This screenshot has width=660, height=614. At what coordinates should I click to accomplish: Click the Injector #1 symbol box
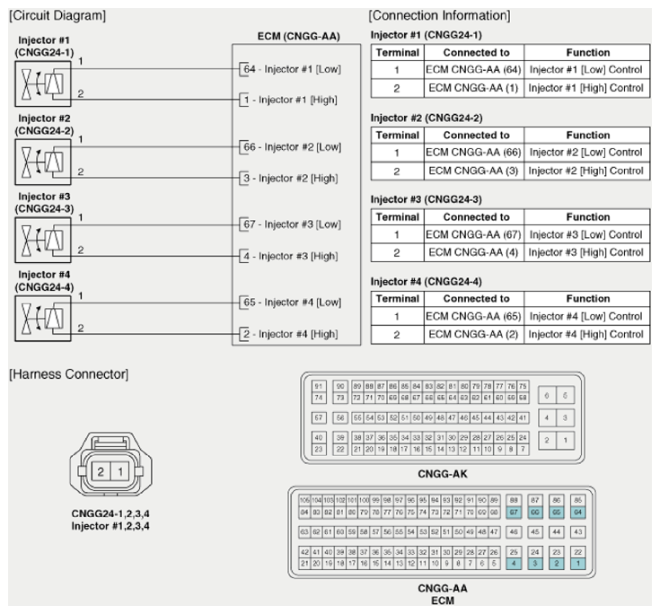pyautogui.click(x=42, y=85)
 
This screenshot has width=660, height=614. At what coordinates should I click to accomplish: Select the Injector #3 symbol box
pyautogui.click(x=42, y=241)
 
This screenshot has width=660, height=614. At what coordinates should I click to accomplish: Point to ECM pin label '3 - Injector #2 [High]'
pyautogui.click(x=289, y=178)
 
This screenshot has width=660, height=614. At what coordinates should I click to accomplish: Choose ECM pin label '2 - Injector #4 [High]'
pyautogui.click(x=289, y=334)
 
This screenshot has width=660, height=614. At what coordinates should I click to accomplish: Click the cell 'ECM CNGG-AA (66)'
pyautogui.click(x=473, y=153)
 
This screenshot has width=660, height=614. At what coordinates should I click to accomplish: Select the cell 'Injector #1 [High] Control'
pyautogui.click(x=586, y=88)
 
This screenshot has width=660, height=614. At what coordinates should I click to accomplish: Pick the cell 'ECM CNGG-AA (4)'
pyautogui.click(x=473, y=252)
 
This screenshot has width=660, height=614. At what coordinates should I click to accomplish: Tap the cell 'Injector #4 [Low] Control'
pyautogui.click(x=586, y=316)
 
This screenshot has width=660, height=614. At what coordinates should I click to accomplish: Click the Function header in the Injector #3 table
pyautogui.click(x=586, y=216)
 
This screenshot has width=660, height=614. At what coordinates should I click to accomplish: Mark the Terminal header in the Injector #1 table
pyautogui.click(x=397, y=53)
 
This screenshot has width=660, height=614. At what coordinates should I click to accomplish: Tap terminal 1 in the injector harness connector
pyautogui.click(x=120, y=471)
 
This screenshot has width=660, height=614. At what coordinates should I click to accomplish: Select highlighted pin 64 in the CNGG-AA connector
pyautogui.click(x=577, y=512)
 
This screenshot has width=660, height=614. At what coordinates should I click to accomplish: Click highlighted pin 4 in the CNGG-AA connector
pyautogui.click(x=514, y=563)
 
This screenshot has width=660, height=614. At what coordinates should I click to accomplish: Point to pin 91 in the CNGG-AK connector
pyautogui.click(x=317, y=386)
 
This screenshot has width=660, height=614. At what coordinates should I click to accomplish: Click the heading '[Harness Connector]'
pyautogui.click(x=67, y=373)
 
